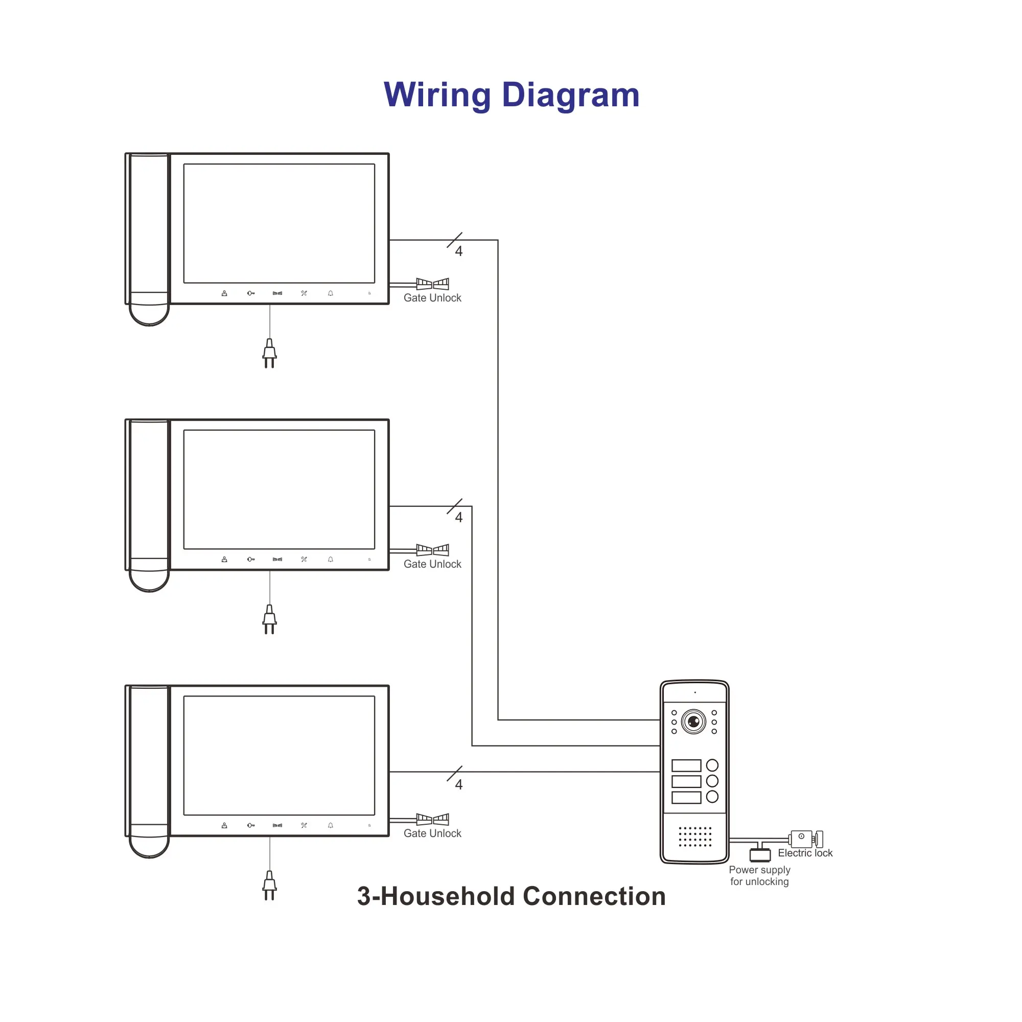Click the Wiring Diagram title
point(511,95)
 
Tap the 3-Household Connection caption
point(511,896)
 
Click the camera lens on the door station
point(693,722)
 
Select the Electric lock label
point(805,853)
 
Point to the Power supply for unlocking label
point(759,875)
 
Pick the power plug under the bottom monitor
point(269,885)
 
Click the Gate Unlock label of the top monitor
point(432,298)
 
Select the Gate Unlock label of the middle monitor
point(432,564)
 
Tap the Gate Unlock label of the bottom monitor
point(432,833)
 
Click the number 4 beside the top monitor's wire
point(459,251)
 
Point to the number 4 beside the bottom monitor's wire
point(459,784)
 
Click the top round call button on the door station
point(712,765)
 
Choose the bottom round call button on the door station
point(712,797)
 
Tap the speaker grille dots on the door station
point(694,837)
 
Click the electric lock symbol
point(805,839)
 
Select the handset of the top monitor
point(149,238)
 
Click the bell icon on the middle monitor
point(331,559)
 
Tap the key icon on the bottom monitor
point(251,825)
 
